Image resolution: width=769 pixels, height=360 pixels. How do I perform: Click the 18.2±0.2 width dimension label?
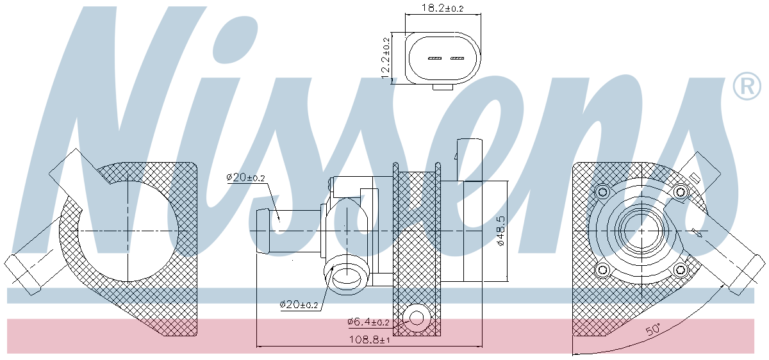(x=442, y=8)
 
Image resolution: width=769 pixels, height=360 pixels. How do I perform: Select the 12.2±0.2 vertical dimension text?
(x=386, y=58)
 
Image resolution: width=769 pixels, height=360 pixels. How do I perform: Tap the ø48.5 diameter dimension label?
(x=501, y=231)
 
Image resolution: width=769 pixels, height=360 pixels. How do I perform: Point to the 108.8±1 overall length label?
(x=369, y=340)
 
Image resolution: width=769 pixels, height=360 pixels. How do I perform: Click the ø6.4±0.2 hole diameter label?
(x=368, y=322)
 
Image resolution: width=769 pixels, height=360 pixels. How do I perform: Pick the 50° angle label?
(x=653, y=329)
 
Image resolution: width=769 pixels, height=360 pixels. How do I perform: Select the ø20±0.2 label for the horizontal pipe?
(x=245, y=177)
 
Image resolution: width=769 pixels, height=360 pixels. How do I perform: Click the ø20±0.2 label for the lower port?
(x=299, y=304)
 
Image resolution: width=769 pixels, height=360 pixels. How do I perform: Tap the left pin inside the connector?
(x=434, y=58)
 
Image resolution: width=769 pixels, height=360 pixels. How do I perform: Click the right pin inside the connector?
(x=457, y=58)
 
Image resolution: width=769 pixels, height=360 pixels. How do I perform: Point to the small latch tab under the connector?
(x=443, y=87)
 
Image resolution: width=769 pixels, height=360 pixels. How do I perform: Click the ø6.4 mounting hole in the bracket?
(x=417, y=318)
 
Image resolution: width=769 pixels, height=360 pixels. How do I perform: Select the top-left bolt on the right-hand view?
(x=602, y=192)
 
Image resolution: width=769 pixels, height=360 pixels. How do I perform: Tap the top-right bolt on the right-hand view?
(x=680, y=192)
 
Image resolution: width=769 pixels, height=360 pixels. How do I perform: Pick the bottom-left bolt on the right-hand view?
(x=602, y=270)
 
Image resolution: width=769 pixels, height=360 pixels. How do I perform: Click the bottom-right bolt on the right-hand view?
(x=680, y=270)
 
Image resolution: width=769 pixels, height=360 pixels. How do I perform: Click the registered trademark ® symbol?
(x=747, y=86)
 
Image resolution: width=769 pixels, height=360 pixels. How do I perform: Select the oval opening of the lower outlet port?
(x=347, y=278)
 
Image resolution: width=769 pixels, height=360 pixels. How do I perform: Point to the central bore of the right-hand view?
(x=641, y=231)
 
